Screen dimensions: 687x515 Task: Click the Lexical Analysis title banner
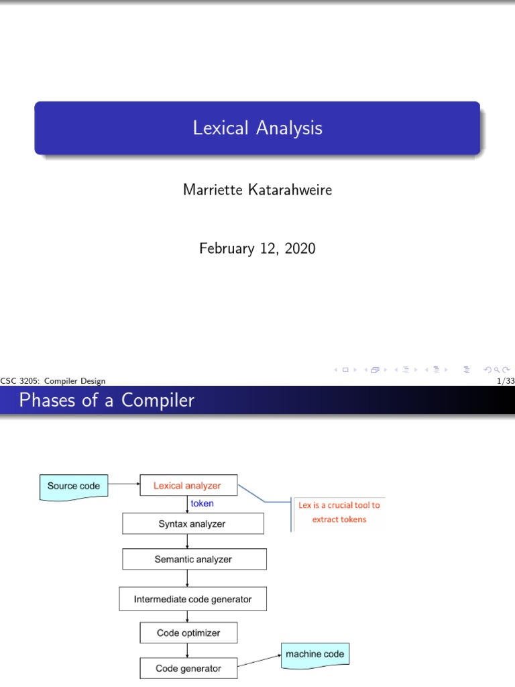[x=257, y=127]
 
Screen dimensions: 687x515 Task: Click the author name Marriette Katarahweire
[x=257, y=190]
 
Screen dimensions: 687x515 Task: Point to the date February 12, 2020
[x=257, y=249]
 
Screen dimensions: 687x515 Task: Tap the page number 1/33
[x=502, y=381]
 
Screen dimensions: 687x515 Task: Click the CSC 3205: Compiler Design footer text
[x=54, y=381]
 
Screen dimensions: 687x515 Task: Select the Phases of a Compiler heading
[x=107, y=401]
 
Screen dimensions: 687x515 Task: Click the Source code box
[x=74, y=486]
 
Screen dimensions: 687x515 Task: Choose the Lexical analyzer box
[x=187, y=486]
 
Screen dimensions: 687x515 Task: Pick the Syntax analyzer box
[x=187, y=524]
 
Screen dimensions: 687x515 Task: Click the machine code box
[x=315, y=654]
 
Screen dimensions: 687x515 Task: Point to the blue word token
[x=203, y=503]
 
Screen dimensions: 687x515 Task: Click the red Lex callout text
[x=339, y=513]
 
